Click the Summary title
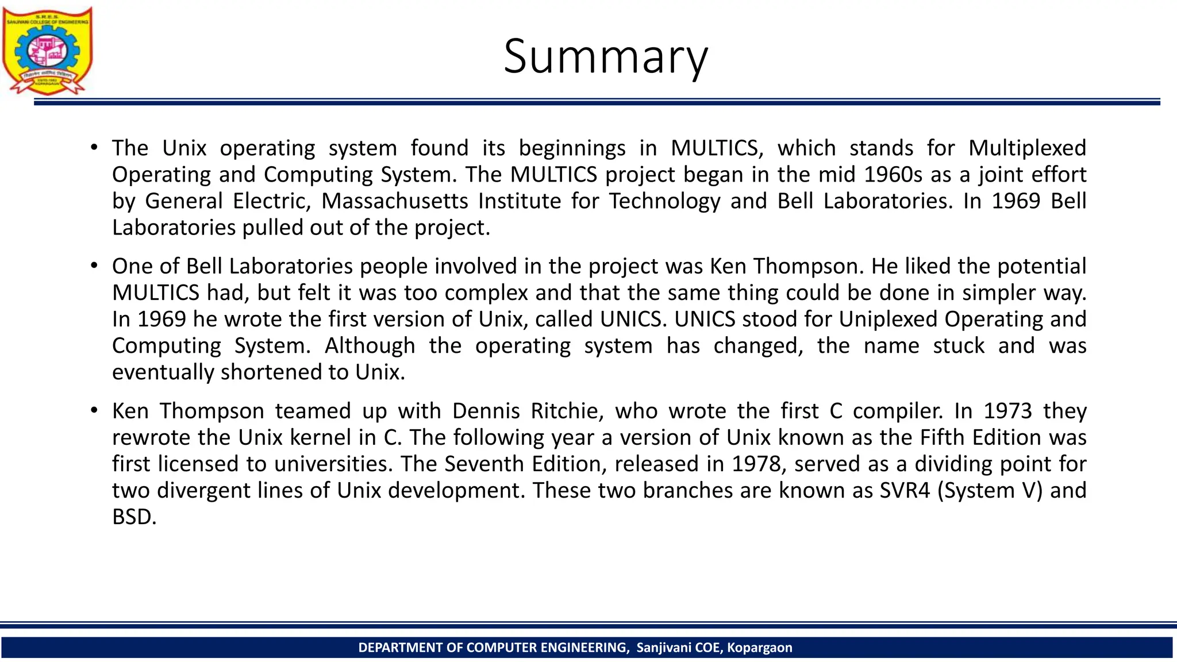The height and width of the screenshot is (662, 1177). coord(606,56)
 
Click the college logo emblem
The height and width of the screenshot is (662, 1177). coord(47,51)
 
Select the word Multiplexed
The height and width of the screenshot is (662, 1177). coord(1027,148)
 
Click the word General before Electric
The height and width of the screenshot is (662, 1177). coord(183,201)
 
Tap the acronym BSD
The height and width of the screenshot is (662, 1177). coord(133,517)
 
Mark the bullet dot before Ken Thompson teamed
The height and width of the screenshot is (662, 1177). coord(94,411)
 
